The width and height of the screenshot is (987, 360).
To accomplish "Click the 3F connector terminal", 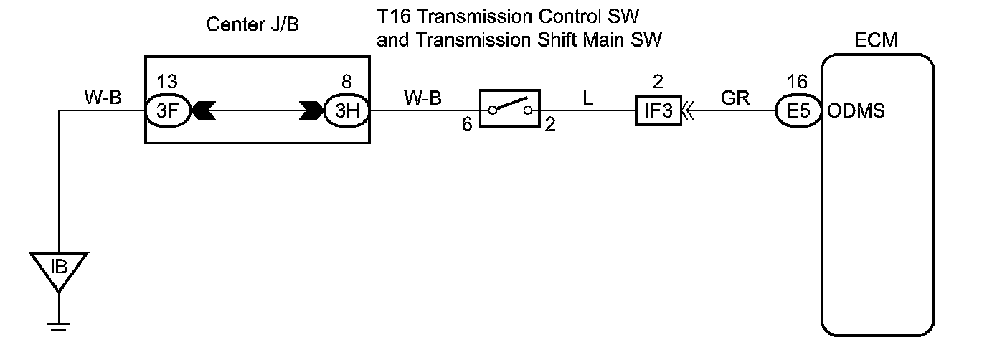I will pyautogui.click(x=169, y=112).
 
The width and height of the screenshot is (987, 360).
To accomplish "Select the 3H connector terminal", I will pyautogui.click(x=347, y=112).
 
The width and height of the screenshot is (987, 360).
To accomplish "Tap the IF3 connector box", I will pyautogui.click(x=658, y=112).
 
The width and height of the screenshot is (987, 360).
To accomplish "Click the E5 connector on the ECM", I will pyautogui.click(x=798, y=112).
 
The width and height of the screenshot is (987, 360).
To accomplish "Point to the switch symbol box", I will pyautogui.click(x=509, y=109).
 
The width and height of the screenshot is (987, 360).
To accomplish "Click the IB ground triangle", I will pyautogui.click(x=60, y=269).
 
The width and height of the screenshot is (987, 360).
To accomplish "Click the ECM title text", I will pyautogui.click(x=877, y=41).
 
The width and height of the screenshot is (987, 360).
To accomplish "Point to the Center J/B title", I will pyautogui.click(x=252, y=25).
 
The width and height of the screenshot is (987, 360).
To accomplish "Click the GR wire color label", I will pyautogui.click(x=735, y=98).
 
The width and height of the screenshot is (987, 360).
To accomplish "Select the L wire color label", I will pyautogui.click(x=588, y=98).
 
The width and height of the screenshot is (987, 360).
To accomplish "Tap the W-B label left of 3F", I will pyautogui.click(x=103, y=98).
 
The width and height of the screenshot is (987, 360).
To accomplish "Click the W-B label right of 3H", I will pyautogui.click(x=422, y=98).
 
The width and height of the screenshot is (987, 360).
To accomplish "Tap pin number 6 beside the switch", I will pyautogui.click(x=467, y=124).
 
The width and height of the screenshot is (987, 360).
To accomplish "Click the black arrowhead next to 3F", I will pyautogui.click(x=204, y=112).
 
